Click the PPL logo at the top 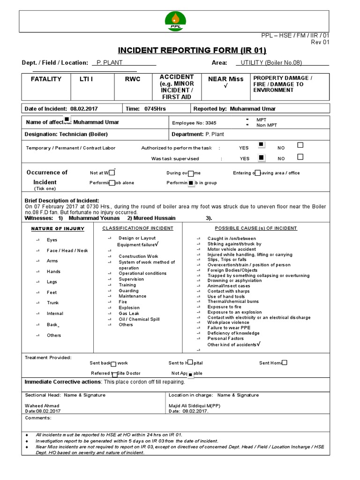click(176, 21)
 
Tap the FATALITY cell click(46, 79)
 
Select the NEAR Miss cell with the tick click(226, 82)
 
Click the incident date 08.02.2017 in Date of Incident click(84, 109)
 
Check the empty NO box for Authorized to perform click(300, 145)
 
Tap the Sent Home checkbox click(285, 362)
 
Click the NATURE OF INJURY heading click(58, 229)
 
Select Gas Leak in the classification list click(129, 313)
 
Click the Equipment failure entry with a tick click(138, 244)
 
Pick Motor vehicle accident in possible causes click(232, 249)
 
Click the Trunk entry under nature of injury click(53, 303)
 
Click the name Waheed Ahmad click(42, 405)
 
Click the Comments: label click(38, 418)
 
